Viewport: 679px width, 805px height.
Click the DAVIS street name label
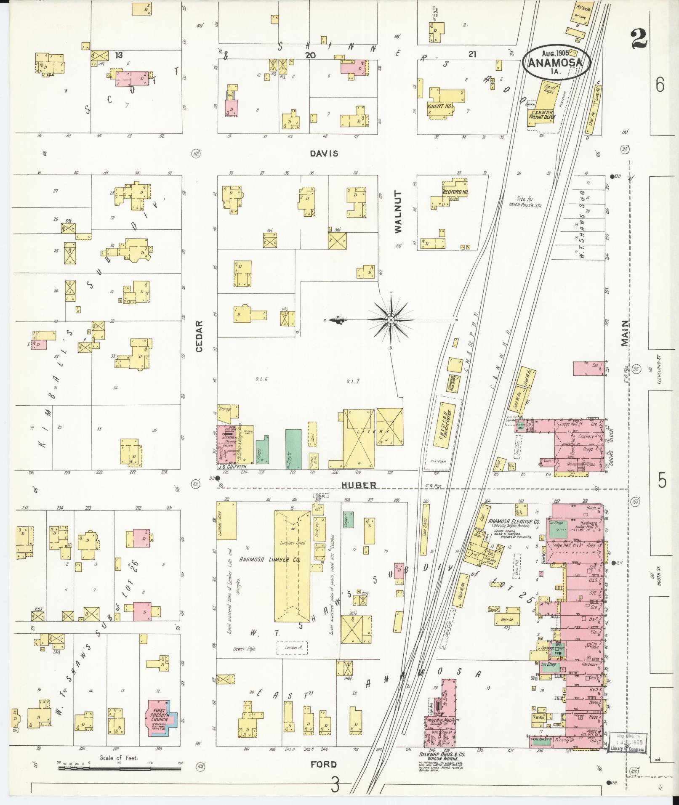coord(324,154)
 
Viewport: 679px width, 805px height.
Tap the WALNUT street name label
coord(398,212)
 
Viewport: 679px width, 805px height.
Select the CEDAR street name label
coord(200,336)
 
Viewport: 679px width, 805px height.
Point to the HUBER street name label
coord(359,485)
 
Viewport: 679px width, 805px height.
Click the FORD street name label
coord(324,764)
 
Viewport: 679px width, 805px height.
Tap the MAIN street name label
coord(625,333)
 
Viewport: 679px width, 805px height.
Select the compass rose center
coord(391,320)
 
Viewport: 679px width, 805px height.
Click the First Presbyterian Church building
coord(162,721)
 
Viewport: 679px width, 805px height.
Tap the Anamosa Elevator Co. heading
coord(514,521)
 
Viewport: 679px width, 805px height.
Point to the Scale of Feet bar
coord(120,768)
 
